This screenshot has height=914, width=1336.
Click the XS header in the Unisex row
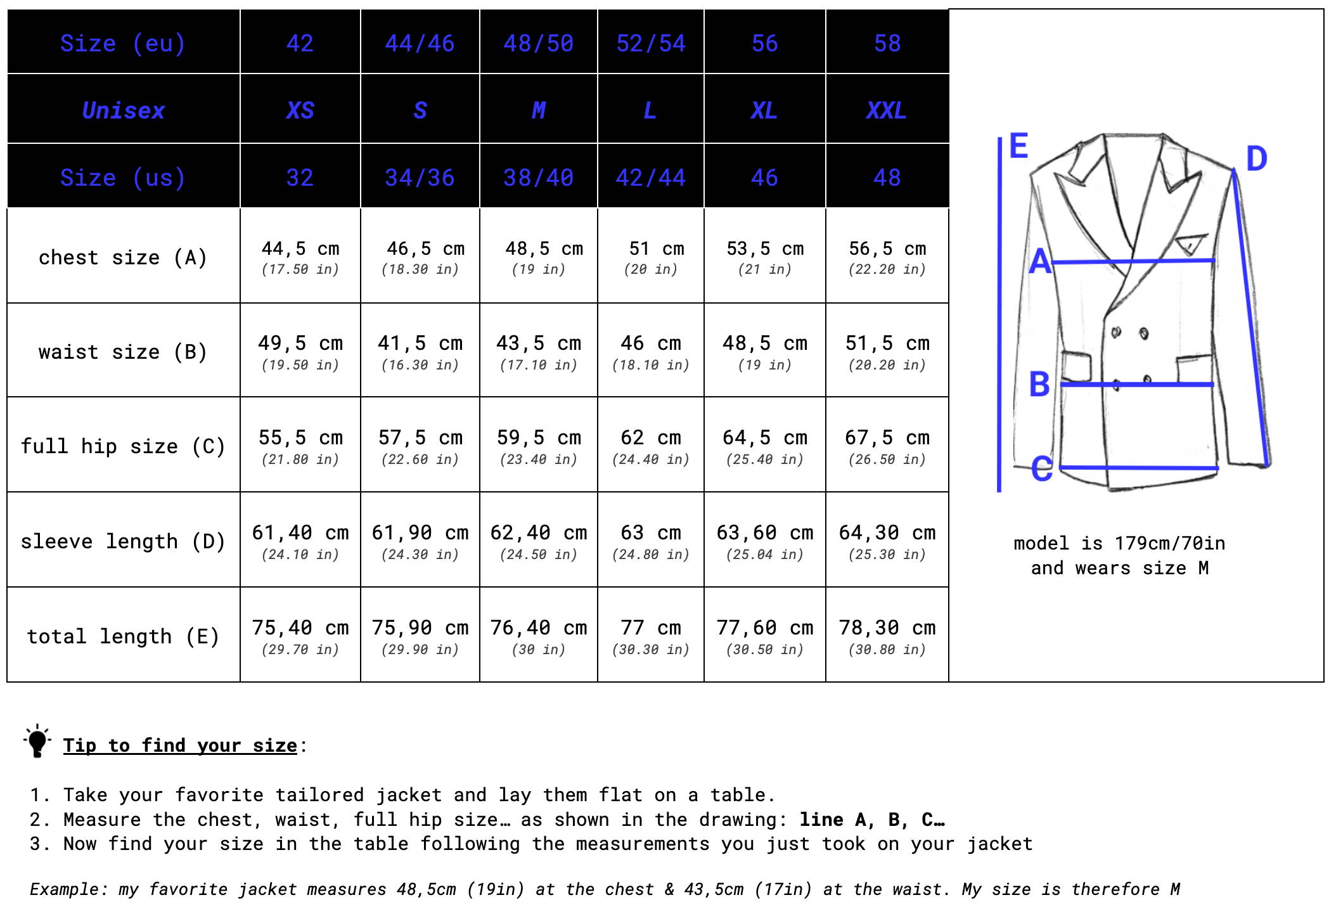pos(300,110)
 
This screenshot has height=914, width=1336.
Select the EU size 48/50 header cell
pos(538,43)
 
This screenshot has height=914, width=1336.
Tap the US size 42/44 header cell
pos(650,177)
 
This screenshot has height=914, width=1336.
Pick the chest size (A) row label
pos(123,257)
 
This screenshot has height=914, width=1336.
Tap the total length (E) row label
pos(123,636)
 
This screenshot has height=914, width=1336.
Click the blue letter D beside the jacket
pos(1256,158)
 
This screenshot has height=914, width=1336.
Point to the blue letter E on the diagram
pos(1018,146)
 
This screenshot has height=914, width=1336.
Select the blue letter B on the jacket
pos(1039,384)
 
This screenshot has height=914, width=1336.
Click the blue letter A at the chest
pos(1040,261)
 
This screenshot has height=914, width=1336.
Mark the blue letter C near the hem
pos(1041,469)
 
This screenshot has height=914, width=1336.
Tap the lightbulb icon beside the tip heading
pos(37,741)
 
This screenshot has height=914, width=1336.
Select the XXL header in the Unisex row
pos(887,110)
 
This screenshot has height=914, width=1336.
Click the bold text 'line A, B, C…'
pos(872,820)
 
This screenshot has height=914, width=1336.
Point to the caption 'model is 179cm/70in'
pos(1119,543)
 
